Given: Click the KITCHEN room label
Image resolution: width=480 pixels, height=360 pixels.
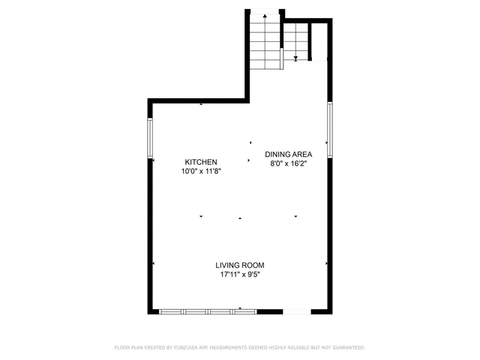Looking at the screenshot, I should pos(201,162).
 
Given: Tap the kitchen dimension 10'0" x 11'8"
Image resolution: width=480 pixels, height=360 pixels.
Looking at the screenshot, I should pos(201,171).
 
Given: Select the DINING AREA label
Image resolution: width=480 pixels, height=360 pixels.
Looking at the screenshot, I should pos(288,154).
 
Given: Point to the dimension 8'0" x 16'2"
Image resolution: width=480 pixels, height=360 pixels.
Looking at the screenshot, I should pos(288,163).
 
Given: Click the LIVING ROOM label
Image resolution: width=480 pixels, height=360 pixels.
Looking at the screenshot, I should pos(240,265).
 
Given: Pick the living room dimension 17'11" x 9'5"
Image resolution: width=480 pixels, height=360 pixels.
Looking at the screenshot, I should pos(240,274).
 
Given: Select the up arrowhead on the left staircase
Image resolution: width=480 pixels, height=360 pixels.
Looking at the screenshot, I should pos(264,15).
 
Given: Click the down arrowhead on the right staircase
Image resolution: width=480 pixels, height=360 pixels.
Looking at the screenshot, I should pos(296,58).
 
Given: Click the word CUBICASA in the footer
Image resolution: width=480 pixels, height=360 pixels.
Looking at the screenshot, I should pos(185,348).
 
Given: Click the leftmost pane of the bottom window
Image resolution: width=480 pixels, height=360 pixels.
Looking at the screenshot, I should pos(172,310).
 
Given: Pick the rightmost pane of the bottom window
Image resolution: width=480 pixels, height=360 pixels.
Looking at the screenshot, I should pos(246,310).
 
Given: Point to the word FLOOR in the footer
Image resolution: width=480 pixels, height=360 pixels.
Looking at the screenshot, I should pos(121,348).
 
